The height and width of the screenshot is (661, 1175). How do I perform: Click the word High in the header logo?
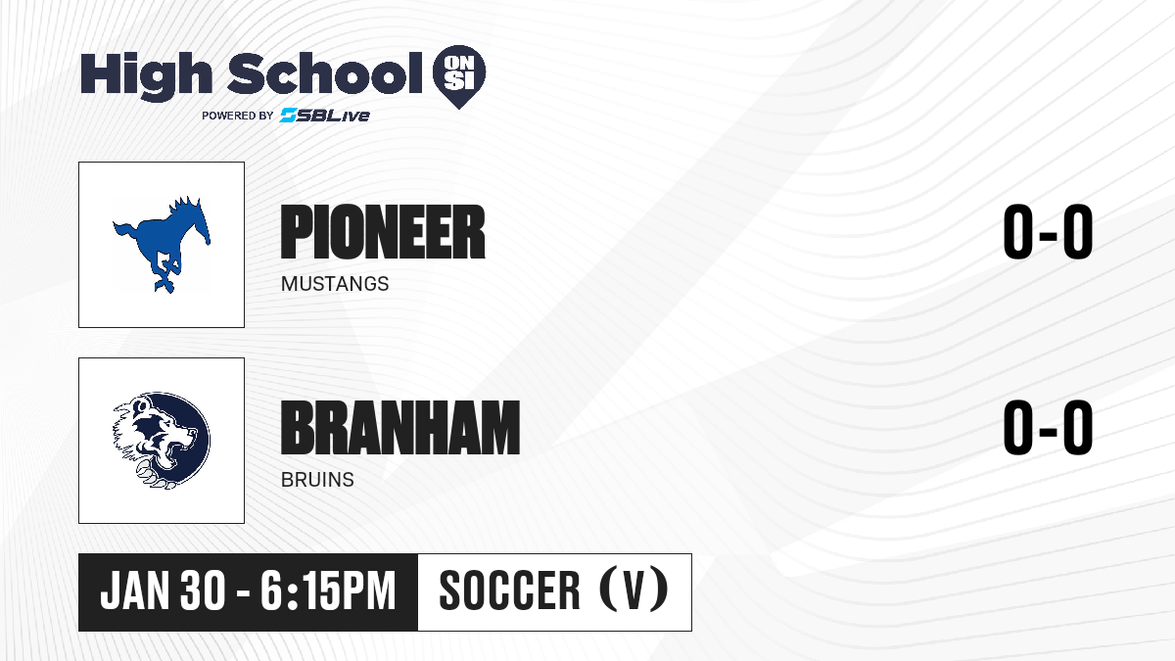click(146, 76)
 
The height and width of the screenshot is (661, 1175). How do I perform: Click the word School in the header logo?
click(325, 73)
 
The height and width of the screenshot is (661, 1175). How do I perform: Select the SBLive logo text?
click(325, 116)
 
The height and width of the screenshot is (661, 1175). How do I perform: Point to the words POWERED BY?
click(238, 116)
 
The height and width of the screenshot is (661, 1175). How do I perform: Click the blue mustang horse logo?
click(162, 245)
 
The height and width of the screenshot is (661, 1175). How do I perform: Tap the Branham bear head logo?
click(162, 441)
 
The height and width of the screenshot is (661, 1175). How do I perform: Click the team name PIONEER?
click(383, 232)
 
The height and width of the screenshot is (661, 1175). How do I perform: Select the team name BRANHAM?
click(400, 428)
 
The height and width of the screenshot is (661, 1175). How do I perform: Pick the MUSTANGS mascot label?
click(335, 284)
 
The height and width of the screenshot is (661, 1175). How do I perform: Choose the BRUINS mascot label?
click(317, 480)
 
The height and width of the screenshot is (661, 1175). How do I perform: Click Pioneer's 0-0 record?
click(1048, 232)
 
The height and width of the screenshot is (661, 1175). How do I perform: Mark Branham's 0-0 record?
click(1048, 428)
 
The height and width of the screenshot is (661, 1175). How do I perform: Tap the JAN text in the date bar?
click(135, 590)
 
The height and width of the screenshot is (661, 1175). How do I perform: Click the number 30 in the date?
click(203, 590)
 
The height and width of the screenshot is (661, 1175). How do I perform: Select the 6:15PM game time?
click(328, 590)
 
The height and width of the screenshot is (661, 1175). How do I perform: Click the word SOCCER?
click(509, 590)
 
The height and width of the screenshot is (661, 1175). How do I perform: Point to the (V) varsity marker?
click(634, 590)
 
